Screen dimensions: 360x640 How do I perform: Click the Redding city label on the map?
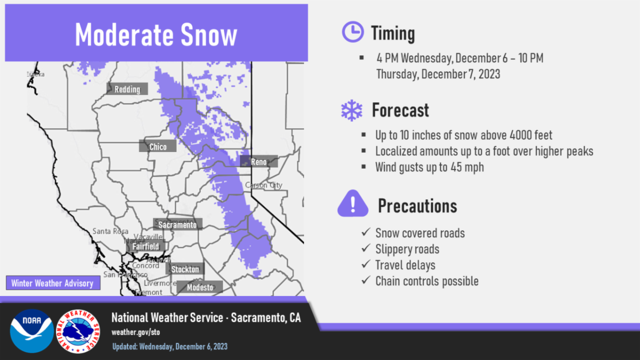pyautogui.click(x=127, y=89)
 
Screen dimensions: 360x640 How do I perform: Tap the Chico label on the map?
pyautogui.click(x=158, y=147)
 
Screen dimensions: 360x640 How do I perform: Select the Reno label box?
pyautogui.click(x=259, y=162)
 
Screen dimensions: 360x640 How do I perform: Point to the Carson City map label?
pyautogui.click(x=263, y=185)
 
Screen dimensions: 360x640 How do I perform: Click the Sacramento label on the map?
pyautogui.click(x=178, y=225)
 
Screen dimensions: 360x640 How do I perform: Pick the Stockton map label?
pyautogui.click(x=185, y=269)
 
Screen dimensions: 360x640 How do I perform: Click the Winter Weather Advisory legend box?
pyautogui.click(x=52, y=283)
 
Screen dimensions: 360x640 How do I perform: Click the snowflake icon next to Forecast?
pyautogui.click(x=351, y=110)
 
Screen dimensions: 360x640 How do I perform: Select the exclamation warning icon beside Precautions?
pyautogui.click(x=353, y=204)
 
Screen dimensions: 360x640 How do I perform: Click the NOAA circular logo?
pyautogui.click(x=31, y=331)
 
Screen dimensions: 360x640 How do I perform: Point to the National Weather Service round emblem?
pyautogui.click(x=78, y=331)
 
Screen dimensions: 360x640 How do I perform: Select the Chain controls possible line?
pyautogui.click(x=427, y=281)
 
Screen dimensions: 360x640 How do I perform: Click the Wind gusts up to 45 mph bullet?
pyautogui.click(x=429, y=167)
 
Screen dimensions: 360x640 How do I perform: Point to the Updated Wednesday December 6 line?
pyautogui.click(x=170, y=347)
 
